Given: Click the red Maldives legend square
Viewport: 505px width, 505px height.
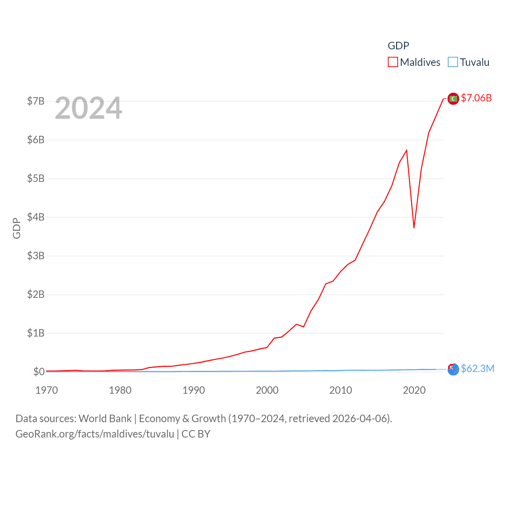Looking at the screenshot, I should point(393,62).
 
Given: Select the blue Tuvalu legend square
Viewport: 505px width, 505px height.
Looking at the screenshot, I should point(453,62).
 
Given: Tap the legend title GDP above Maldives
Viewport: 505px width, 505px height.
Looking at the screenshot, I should point(398,46).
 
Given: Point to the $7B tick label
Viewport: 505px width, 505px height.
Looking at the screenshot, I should point(36,101).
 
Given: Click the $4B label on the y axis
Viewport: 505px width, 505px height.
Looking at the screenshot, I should point(36,217).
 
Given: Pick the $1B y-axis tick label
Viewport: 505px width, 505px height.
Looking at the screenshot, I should point(36,333).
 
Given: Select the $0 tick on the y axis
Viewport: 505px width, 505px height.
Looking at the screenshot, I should point(39,372).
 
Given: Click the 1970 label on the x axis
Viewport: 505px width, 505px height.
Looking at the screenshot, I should point(47,390).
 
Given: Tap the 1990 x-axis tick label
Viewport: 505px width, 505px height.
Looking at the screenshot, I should point(194,390).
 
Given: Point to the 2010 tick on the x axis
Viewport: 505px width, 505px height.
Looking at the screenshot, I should point(340,390).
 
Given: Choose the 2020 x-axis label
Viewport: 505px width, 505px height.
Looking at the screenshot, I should point(414,390).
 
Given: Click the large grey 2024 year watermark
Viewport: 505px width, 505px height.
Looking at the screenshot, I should point(88,108).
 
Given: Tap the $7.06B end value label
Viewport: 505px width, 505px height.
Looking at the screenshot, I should point(476,98).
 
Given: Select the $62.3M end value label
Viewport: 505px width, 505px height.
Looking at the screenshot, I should point(477,368).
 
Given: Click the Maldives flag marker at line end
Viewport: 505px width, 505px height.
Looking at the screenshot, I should point(453,99).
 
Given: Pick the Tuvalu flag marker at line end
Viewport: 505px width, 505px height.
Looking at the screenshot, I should point(453,369).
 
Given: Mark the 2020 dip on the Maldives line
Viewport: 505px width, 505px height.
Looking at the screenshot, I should point(414,228).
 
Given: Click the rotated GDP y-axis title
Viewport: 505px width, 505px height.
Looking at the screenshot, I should point(17,228).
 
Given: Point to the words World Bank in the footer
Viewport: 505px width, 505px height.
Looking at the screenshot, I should point(105,419).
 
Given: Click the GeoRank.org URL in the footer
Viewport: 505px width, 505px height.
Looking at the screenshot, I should point(95,434).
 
